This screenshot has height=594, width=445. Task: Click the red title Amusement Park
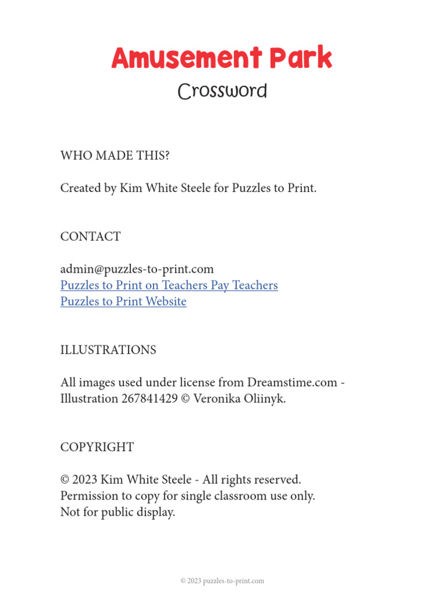pos(222,59)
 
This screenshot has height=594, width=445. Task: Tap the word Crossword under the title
pos(222,92)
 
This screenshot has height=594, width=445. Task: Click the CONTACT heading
pos(90,237)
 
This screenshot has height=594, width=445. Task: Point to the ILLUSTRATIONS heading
pos(108,350)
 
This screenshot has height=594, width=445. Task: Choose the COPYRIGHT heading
pos(97,447)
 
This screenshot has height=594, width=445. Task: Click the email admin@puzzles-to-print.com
pos(137,269)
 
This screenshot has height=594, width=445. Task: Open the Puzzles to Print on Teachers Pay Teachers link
pos(169,285)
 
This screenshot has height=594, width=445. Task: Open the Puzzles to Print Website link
pos(123,302)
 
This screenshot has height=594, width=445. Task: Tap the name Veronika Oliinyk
pos(239,399)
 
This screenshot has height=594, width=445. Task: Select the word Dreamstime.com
pos(292,383)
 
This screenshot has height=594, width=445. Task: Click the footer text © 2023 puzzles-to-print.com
pos(222,581)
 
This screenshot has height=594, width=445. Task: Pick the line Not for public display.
pos(118,513)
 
